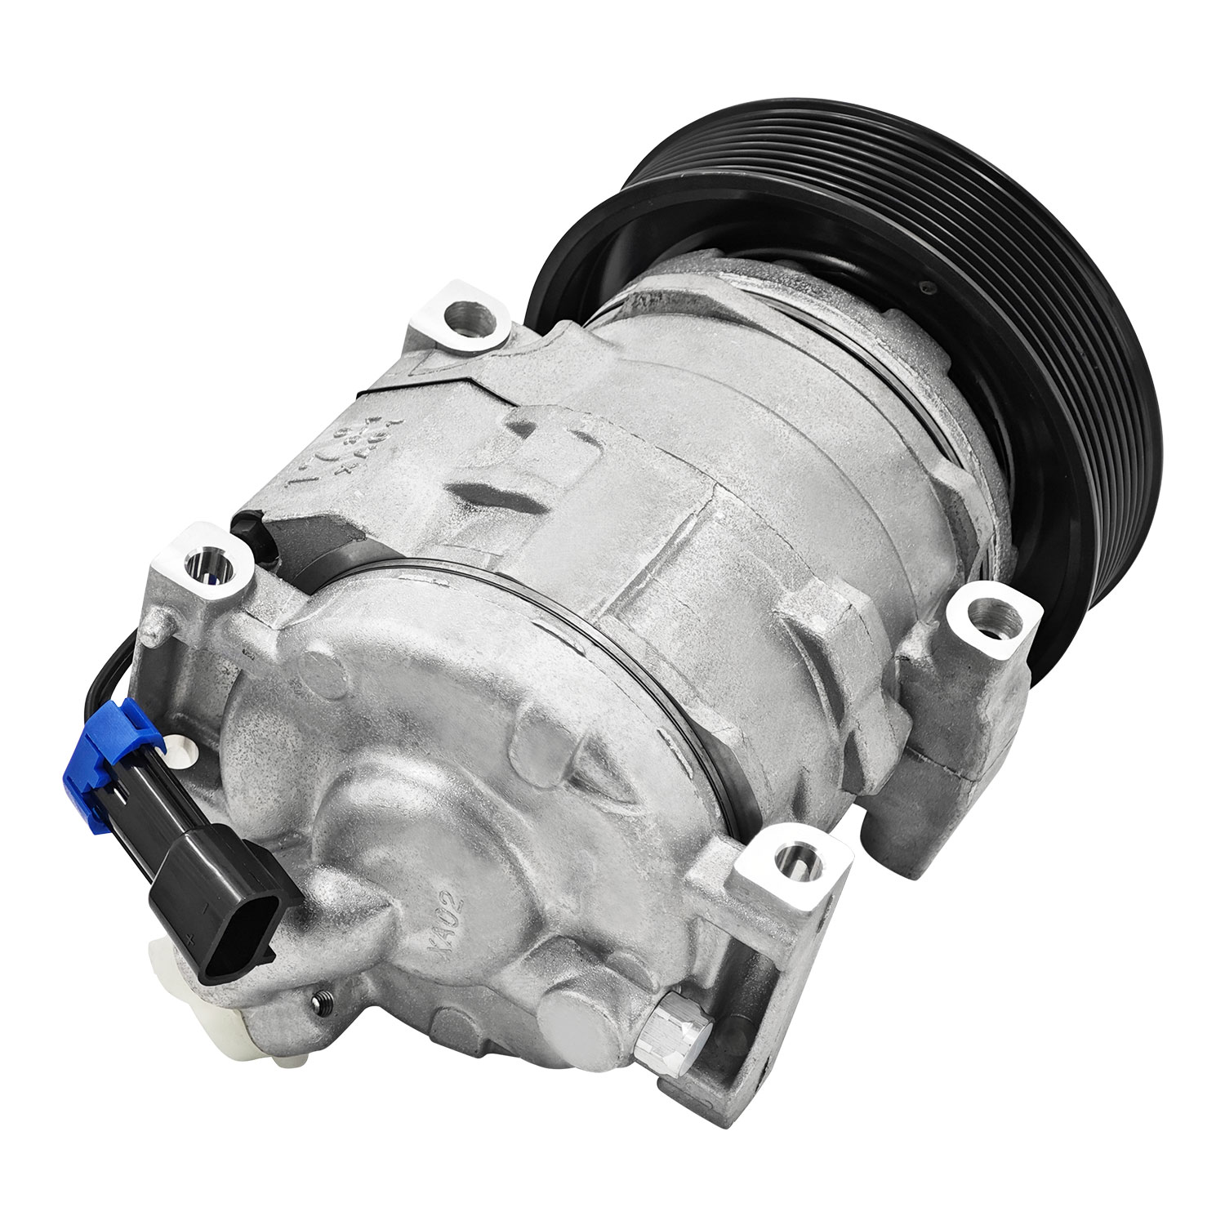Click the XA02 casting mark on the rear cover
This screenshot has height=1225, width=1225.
448,915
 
